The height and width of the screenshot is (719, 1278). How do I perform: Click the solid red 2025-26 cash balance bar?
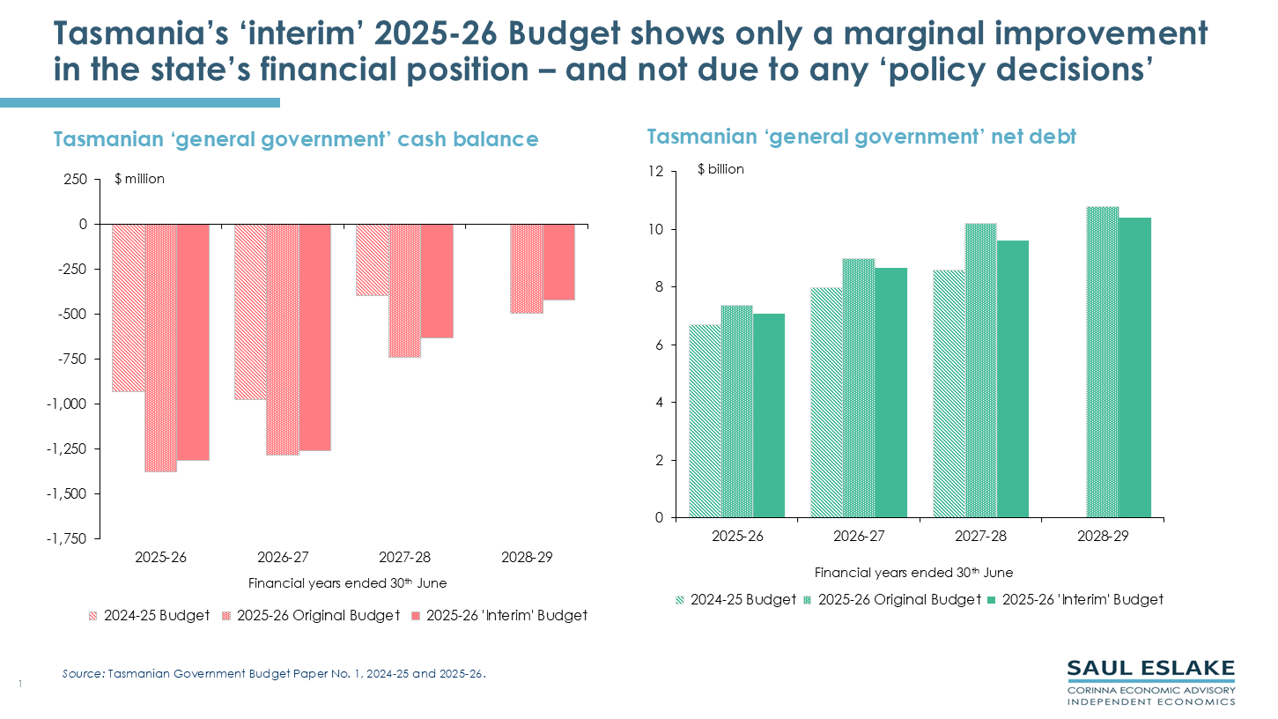193,342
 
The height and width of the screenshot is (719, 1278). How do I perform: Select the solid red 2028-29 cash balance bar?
558,262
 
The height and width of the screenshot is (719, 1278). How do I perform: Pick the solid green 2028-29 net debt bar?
1134,367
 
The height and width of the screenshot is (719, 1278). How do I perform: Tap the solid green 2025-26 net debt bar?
768,415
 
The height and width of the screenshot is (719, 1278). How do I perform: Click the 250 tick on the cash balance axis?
77,180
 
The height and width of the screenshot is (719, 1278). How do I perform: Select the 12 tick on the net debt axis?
655,172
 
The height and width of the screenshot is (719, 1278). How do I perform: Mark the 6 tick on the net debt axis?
659,345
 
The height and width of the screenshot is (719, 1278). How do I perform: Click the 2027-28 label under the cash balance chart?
404,558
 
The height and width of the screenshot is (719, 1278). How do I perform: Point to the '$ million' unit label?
139,179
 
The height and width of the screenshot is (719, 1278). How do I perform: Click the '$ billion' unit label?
720,169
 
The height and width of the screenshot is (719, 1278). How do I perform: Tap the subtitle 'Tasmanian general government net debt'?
861,137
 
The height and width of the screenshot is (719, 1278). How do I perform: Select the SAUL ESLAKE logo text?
1150,668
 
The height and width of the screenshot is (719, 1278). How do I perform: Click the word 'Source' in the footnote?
82,674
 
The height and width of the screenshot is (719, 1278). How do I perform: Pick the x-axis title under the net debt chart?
913,573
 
